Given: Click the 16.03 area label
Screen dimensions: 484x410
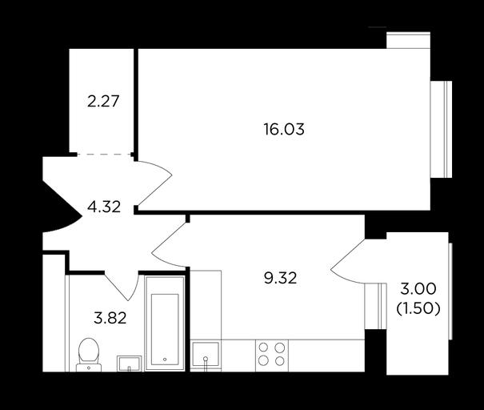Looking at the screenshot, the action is tap(284, 129).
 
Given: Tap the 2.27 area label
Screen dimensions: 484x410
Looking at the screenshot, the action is tap(103, 102).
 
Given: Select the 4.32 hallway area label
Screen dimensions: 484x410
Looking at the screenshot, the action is tap(104, 207).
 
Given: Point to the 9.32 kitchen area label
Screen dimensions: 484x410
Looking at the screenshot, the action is tap(280, 278).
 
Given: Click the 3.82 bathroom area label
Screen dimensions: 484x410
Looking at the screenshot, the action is tap(110, 318).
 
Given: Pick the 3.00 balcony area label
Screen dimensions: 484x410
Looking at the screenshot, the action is tap(418, 289).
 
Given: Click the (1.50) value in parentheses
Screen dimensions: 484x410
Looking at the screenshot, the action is tap(418, 307).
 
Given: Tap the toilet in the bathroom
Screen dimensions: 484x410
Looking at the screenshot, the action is tap(89, 355).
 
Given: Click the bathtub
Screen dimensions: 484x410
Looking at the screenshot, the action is tap(165, 324).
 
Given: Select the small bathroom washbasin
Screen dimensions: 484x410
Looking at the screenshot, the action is tap(129, 364).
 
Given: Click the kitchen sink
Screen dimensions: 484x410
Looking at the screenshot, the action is tap(206, 355).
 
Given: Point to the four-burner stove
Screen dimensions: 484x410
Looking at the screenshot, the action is tap(272, 355).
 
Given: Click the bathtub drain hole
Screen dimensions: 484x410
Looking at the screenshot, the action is tap(165, 360).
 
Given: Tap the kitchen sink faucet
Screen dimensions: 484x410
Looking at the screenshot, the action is tap(206, 364).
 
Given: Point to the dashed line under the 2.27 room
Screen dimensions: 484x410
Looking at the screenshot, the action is tap(104, 154).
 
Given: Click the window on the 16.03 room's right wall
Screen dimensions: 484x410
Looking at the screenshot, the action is tap(442, 130).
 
